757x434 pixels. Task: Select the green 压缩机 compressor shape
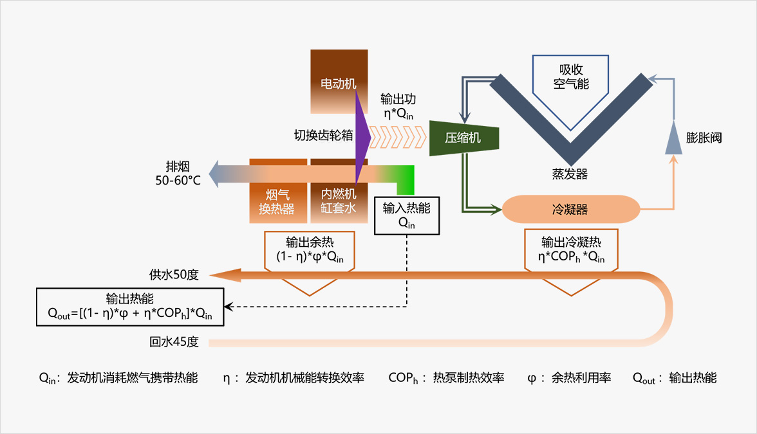[x=464, y=138]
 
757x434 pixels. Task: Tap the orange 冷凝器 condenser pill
[x=570, y=210]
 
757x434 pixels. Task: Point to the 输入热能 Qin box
[x=406, y=215]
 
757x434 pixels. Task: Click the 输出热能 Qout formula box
[x=130, y=307]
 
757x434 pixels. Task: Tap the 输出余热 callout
[x=310, y=251]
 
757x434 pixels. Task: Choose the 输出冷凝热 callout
[x=570, y=250]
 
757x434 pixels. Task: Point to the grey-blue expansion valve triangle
[x=673, y=139]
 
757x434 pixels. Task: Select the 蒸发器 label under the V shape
[x=570, y=174]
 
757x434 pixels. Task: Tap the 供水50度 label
[x=174, y=275]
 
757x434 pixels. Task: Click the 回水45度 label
[x=174, y=342]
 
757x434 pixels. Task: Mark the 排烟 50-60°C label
[x=178, y=174]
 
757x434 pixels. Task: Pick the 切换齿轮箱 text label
[x=323, y=136]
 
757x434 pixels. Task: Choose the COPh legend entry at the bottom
[x=446, y=378]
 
